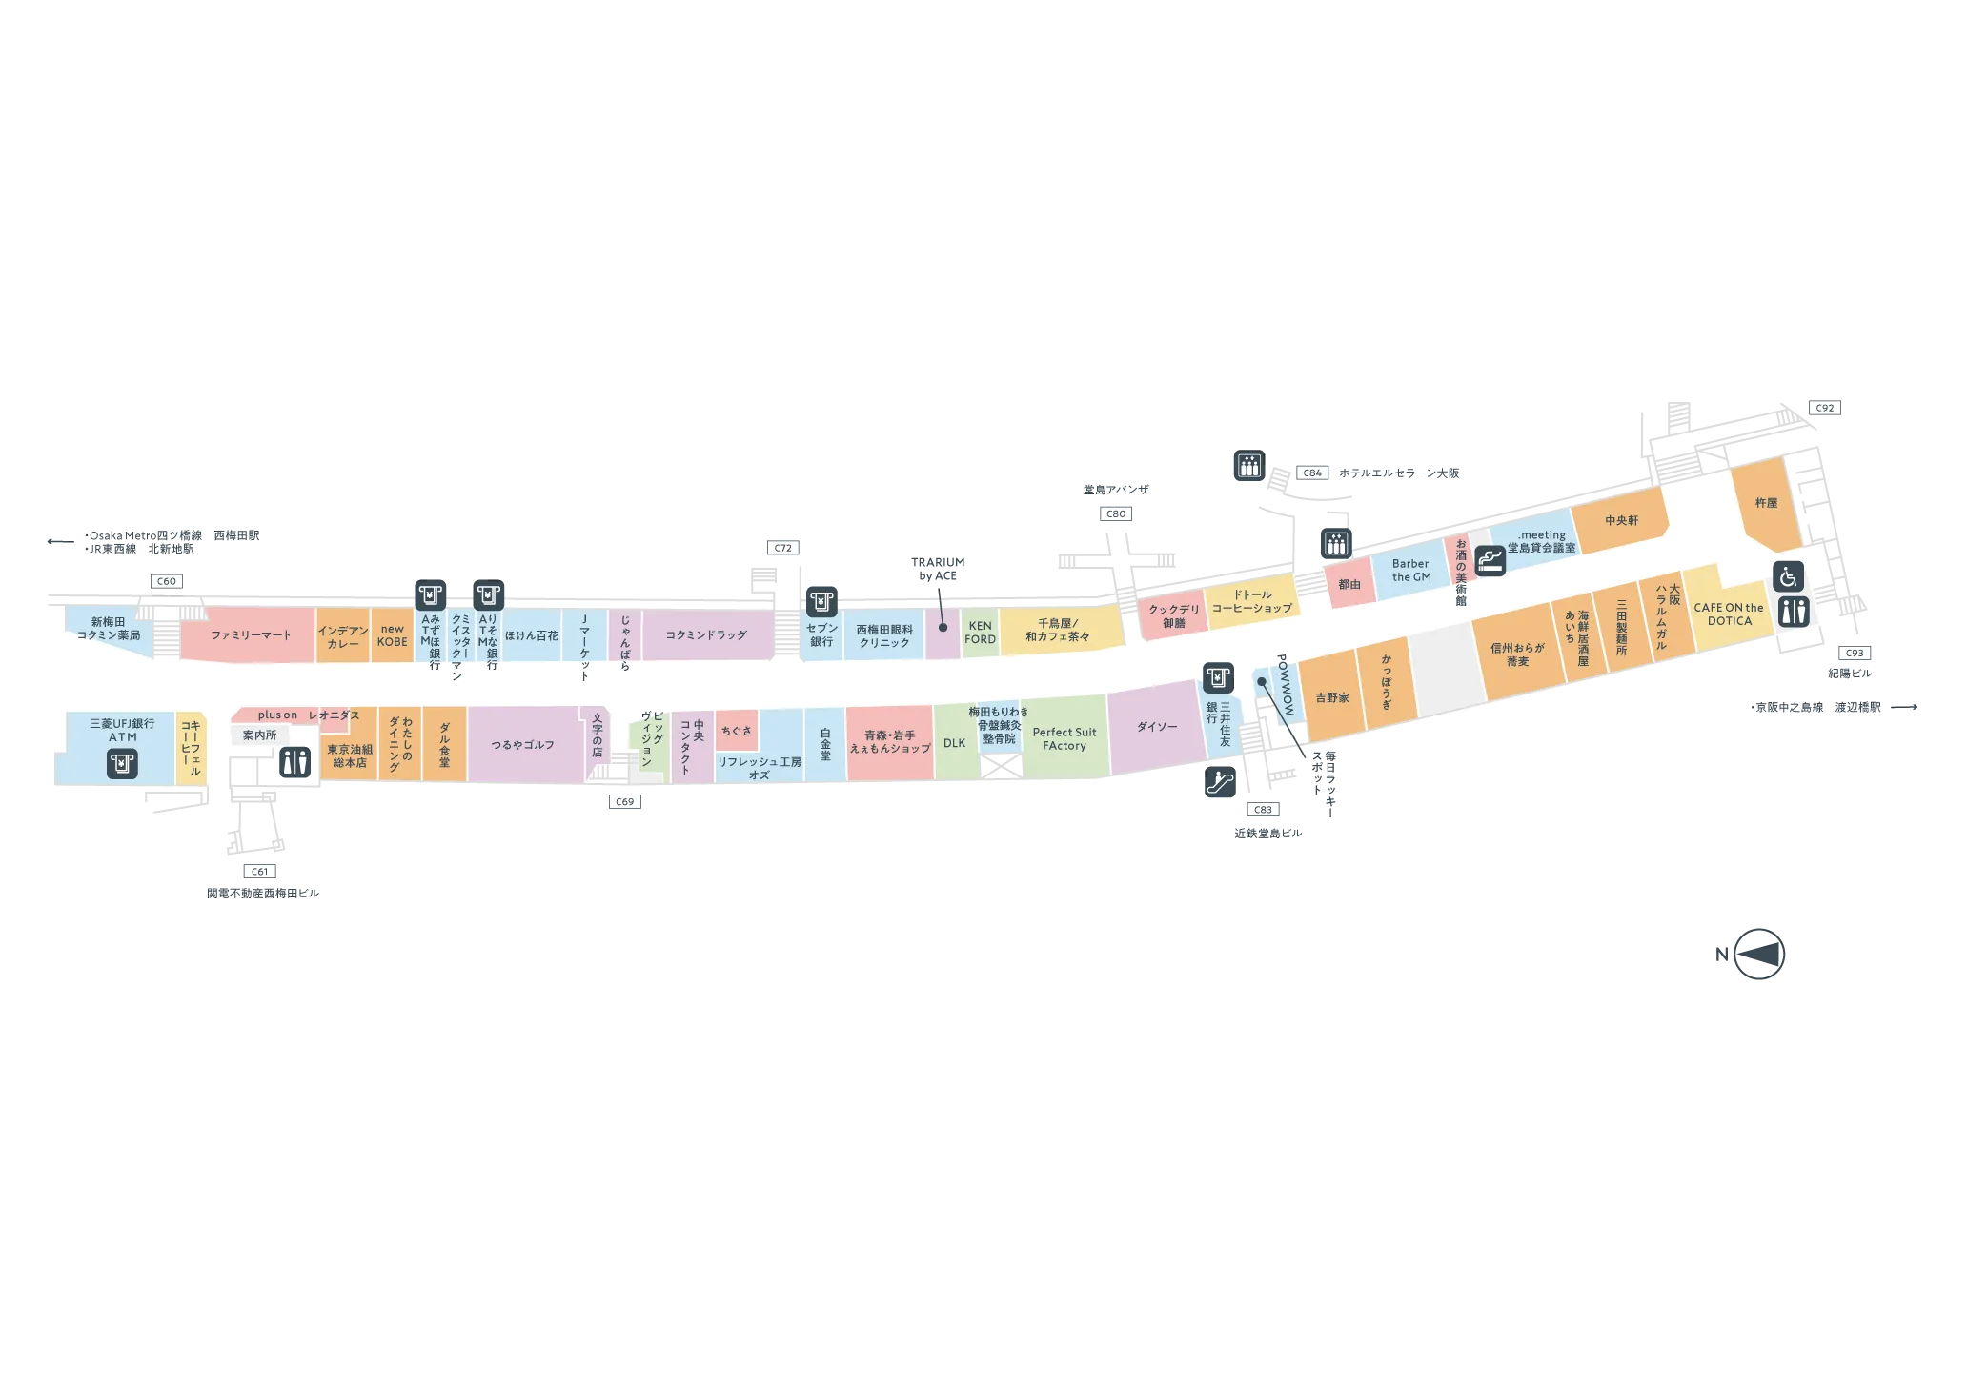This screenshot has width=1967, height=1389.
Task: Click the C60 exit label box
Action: coord(167,581)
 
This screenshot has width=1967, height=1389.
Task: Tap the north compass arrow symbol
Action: coord(1758,954)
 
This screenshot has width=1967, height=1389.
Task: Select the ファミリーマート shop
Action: coord(249,634)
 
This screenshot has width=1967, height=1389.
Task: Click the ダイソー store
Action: coord(1156,726)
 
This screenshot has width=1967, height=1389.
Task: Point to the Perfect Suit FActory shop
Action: coord(1065,738)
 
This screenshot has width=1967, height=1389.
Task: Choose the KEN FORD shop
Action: coord(980,633)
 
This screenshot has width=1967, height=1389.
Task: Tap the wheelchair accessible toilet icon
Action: coord(1788,576)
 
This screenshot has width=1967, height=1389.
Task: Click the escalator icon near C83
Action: coord(1220,782)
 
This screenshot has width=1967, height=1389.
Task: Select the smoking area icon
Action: coord(1490,560)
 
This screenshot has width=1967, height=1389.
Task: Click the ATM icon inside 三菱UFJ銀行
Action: coord(122,763)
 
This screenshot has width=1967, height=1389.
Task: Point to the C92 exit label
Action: coord(1825,408)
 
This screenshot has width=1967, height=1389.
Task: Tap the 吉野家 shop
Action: coord(1331,697)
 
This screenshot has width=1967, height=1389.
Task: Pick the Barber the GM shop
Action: coord(1410,570)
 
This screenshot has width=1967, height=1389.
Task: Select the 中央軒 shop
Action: coord(1620,520)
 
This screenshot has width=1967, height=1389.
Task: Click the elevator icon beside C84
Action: coord(1249,465)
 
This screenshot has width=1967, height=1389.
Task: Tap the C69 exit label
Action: coord(625,801)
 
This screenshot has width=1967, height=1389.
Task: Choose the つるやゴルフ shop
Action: coord(523,745)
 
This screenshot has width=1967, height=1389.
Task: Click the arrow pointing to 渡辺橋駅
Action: coord(1904,707)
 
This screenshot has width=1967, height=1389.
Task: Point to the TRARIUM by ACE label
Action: coord(938,569)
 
